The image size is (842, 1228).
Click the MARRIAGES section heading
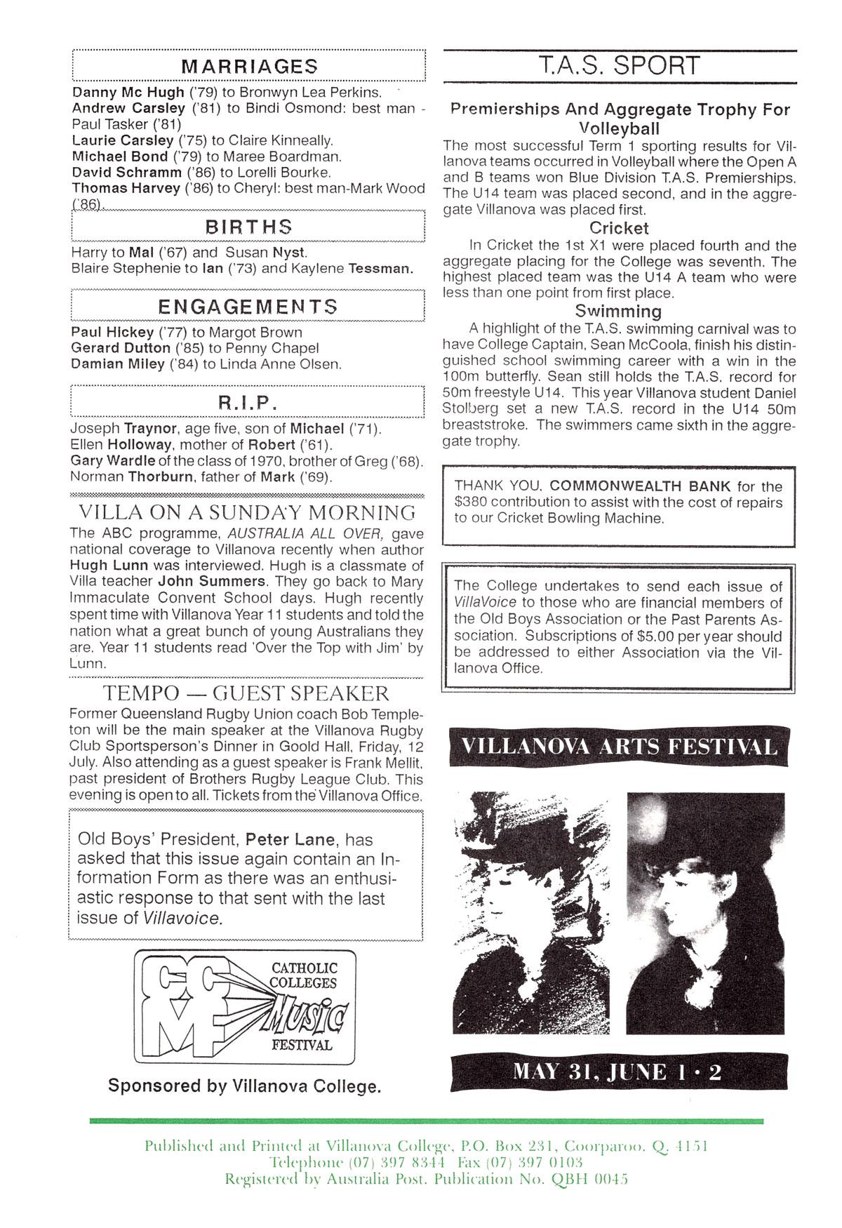[249, 67]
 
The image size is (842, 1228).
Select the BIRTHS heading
[249, 227]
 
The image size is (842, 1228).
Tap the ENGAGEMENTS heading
[248, 307]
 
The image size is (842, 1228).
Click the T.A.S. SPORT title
[620, 66]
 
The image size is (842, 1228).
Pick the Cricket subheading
[619, 228]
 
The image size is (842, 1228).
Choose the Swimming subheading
[618, 311]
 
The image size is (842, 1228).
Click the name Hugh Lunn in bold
[104, 565]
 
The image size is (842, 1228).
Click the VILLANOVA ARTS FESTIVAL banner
[619, 745]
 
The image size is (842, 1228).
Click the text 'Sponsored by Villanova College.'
[245, 1086]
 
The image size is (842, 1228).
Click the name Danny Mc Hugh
[128, 92]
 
